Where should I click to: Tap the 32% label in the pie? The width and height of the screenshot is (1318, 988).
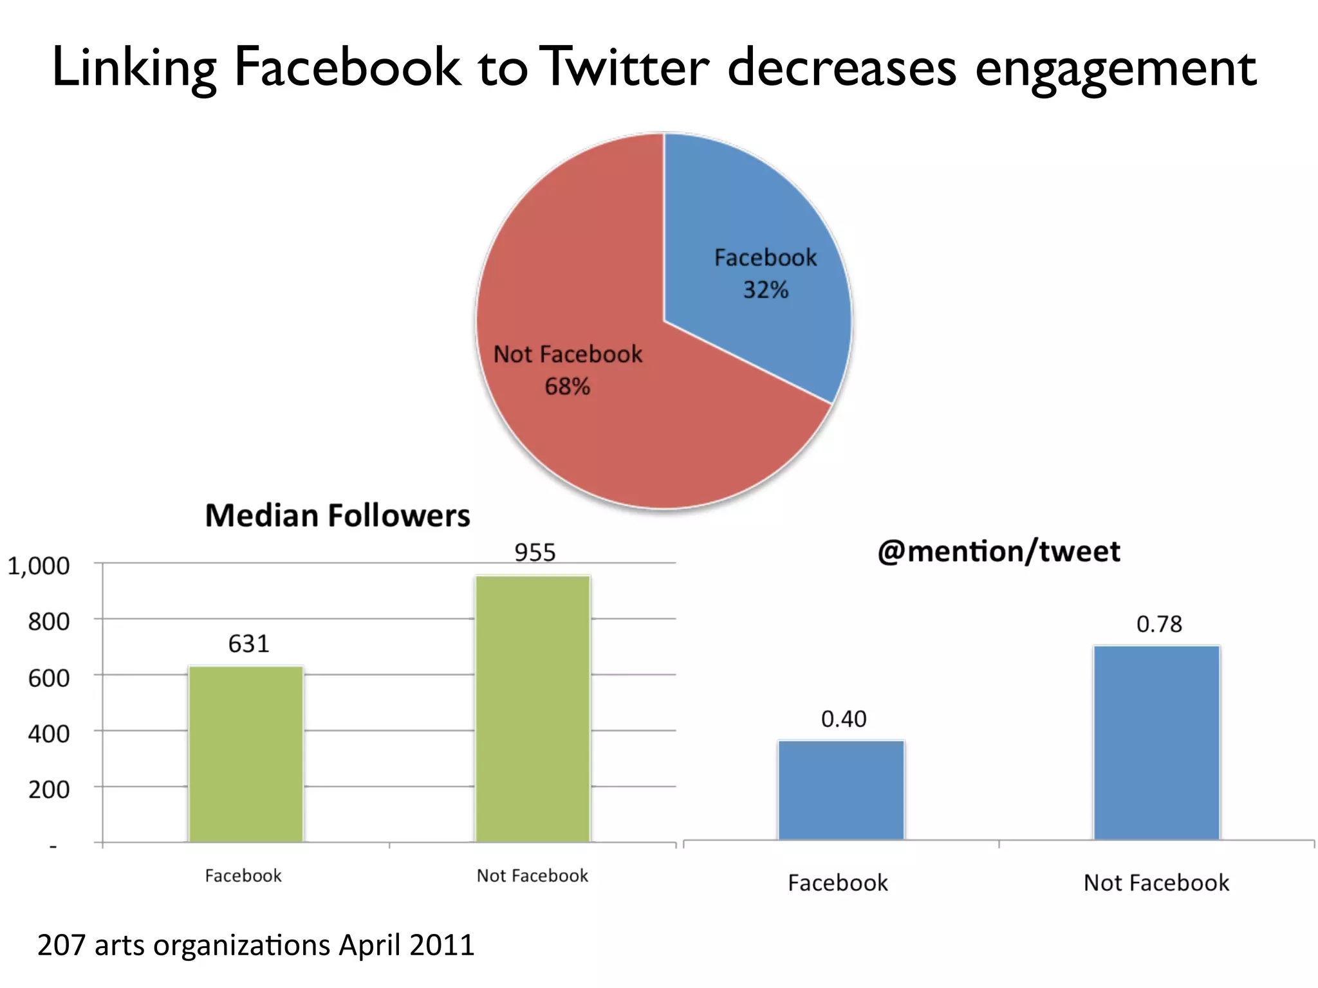[x=765, y=290]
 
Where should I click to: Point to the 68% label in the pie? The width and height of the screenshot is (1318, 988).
[x=567, y=387]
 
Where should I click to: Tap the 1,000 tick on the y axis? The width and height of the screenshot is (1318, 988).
[x=39, y=566]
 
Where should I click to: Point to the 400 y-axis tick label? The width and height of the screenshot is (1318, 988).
[x=49, y=734]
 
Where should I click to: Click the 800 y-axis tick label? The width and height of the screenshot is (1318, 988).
[x=49, y=622]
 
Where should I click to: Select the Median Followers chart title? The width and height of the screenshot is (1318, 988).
[x=337, y=516]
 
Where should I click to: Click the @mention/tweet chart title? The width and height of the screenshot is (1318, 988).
[x=998, y=552]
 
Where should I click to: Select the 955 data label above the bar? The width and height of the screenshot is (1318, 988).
[x=535, y=553]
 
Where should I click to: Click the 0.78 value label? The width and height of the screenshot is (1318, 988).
[x=1159, y=624]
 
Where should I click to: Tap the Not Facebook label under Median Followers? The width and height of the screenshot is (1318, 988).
[x=532, y=875]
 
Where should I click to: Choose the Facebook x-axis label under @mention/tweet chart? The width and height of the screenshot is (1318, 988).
[x=837, y=883]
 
